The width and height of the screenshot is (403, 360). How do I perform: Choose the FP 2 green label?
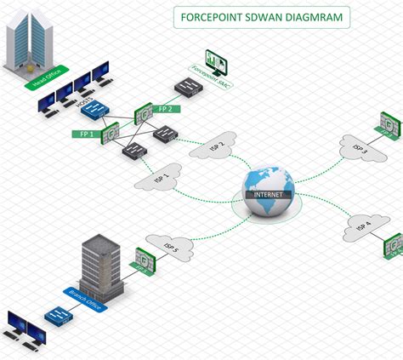(x=168, y=109)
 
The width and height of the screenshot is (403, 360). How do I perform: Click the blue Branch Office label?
(x=82, y=300)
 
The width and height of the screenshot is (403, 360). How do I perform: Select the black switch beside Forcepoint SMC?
(x=186, y=84)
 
